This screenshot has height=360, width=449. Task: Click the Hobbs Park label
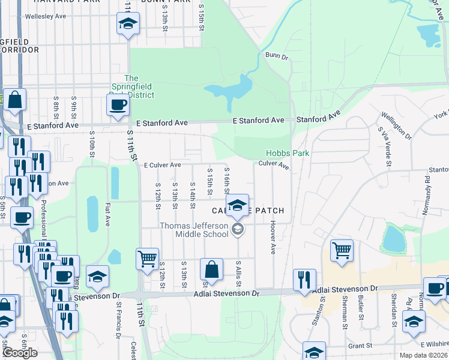coord(288,153)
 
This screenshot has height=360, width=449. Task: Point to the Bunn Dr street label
coord(277,57)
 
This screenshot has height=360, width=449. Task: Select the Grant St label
coord(360,346)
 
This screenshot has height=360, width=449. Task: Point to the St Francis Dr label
coord(119,326)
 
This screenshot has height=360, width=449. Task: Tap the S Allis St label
coord(238,274)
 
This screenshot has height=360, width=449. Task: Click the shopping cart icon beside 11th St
coord(147,259)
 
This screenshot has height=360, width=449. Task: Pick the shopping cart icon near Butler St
coord(342,250)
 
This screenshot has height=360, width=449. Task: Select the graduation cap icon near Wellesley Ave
coord(127,23)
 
